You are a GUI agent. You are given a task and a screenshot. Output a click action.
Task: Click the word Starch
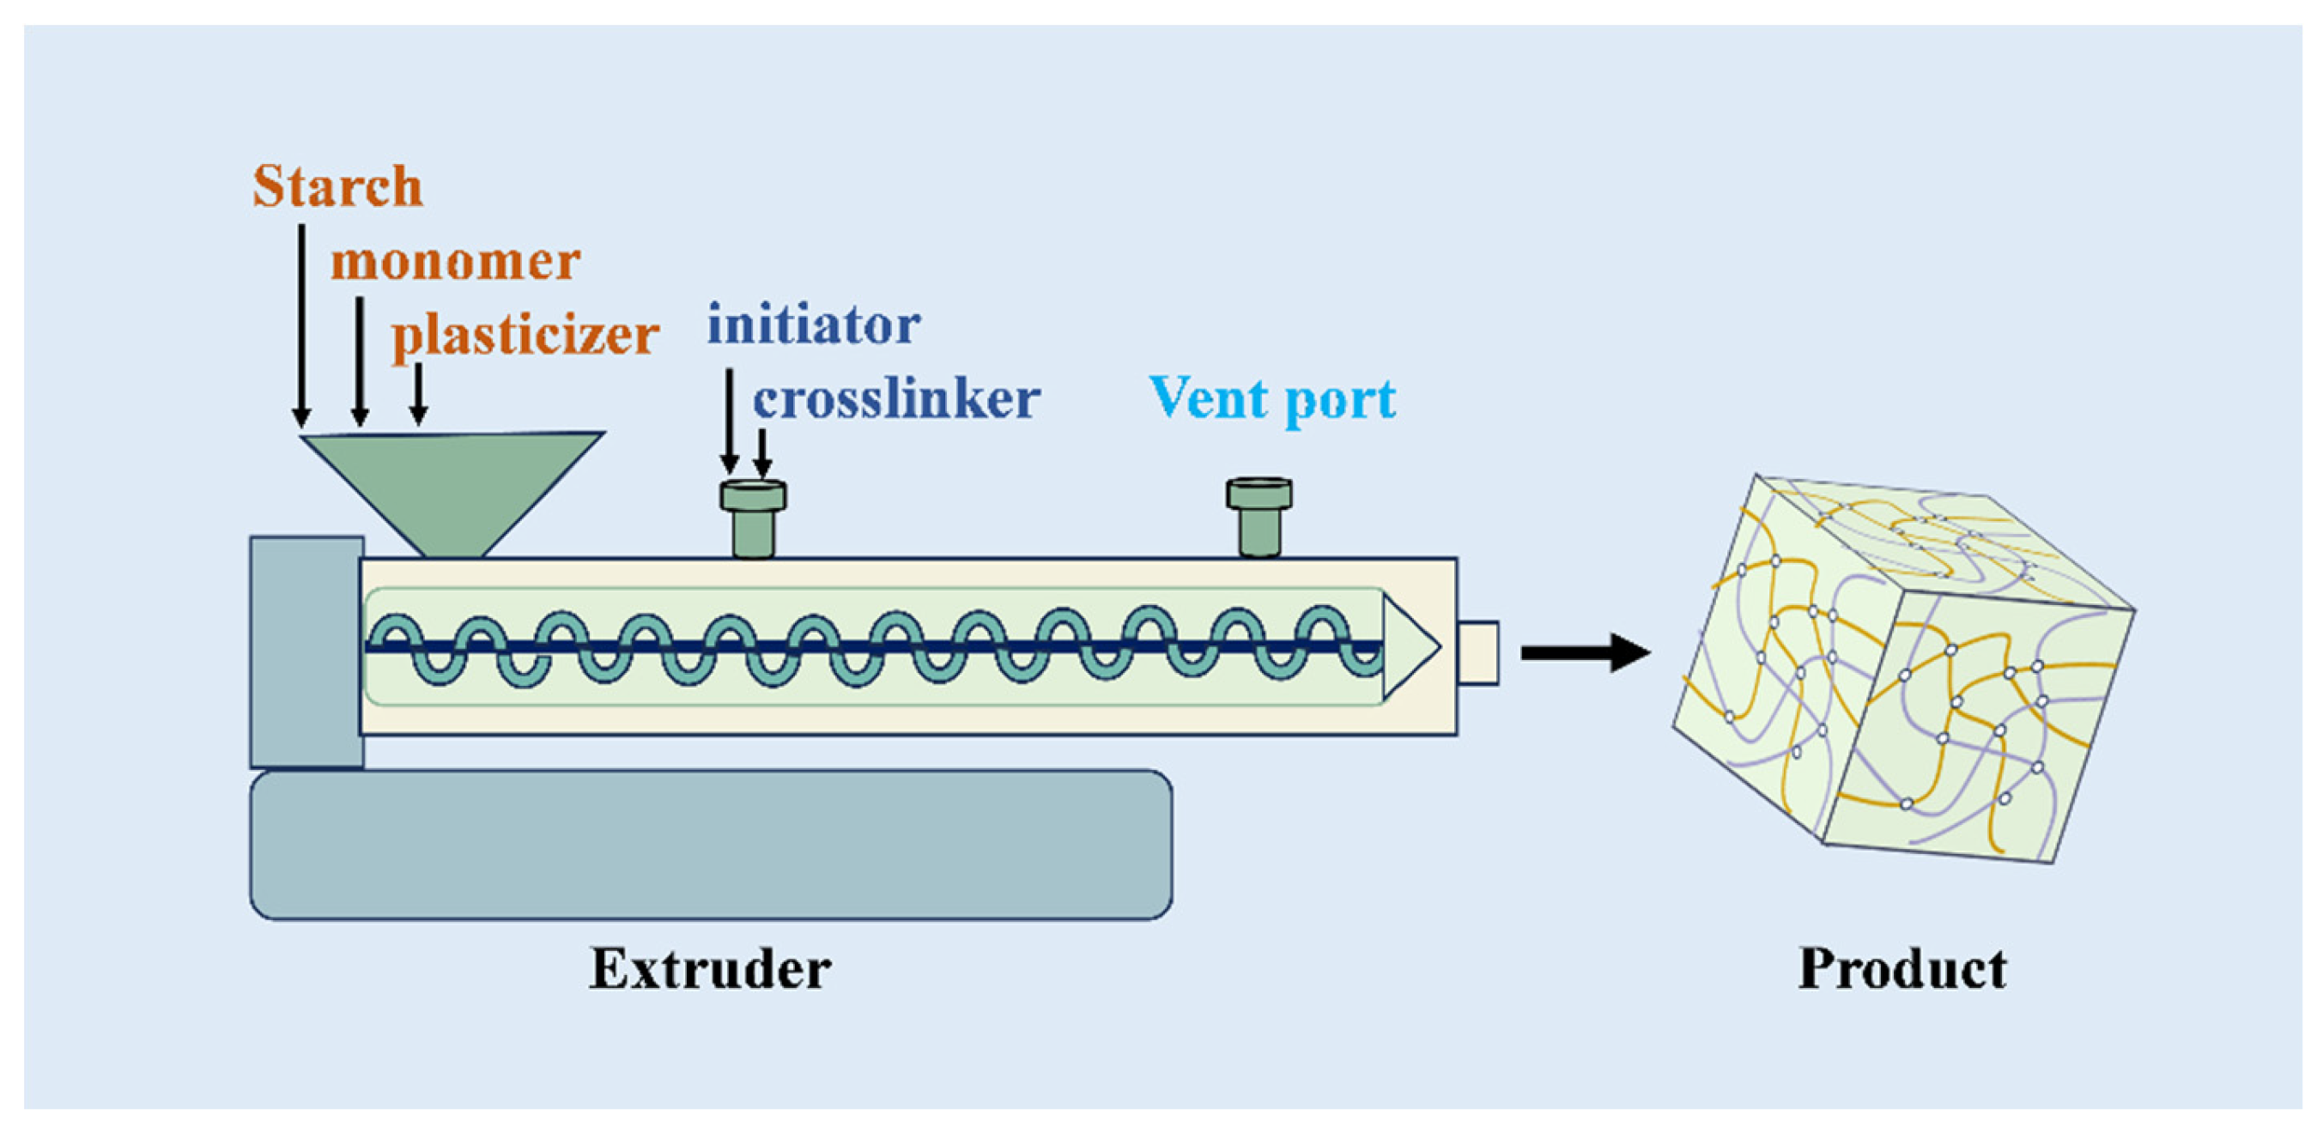[x=337, y=187]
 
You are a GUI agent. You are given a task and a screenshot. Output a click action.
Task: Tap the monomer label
[x=455, y=263]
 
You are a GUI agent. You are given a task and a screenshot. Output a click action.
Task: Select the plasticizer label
[x=525, y=336]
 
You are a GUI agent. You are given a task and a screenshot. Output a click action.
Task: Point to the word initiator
[x=814, y=324]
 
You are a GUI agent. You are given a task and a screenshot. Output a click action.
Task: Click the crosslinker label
[x=896, y=399]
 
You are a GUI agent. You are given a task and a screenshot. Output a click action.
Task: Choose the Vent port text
[x=1272, y=397]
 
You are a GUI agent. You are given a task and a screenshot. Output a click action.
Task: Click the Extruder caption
[x=710, y=970]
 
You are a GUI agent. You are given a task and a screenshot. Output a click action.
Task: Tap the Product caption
[x=1902, y=970]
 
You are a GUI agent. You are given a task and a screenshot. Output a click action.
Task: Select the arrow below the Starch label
[x=301, y=324]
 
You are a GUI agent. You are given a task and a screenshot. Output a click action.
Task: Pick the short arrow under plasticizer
[x=417, y=394]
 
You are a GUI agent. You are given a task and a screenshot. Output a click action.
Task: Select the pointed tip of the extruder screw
[x=1412, y=646]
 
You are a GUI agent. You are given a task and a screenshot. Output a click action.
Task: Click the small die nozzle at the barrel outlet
[x=1478, y=652]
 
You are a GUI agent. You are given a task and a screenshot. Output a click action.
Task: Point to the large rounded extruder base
[x=711, y=845]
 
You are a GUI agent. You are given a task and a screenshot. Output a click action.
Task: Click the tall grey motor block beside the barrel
[x=306, y=651]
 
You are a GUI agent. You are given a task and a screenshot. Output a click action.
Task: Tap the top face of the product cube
[x=1939, y=541]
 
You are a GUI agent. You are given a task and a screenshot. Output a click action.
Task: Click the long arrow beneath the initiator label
[x=730, y=419]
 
